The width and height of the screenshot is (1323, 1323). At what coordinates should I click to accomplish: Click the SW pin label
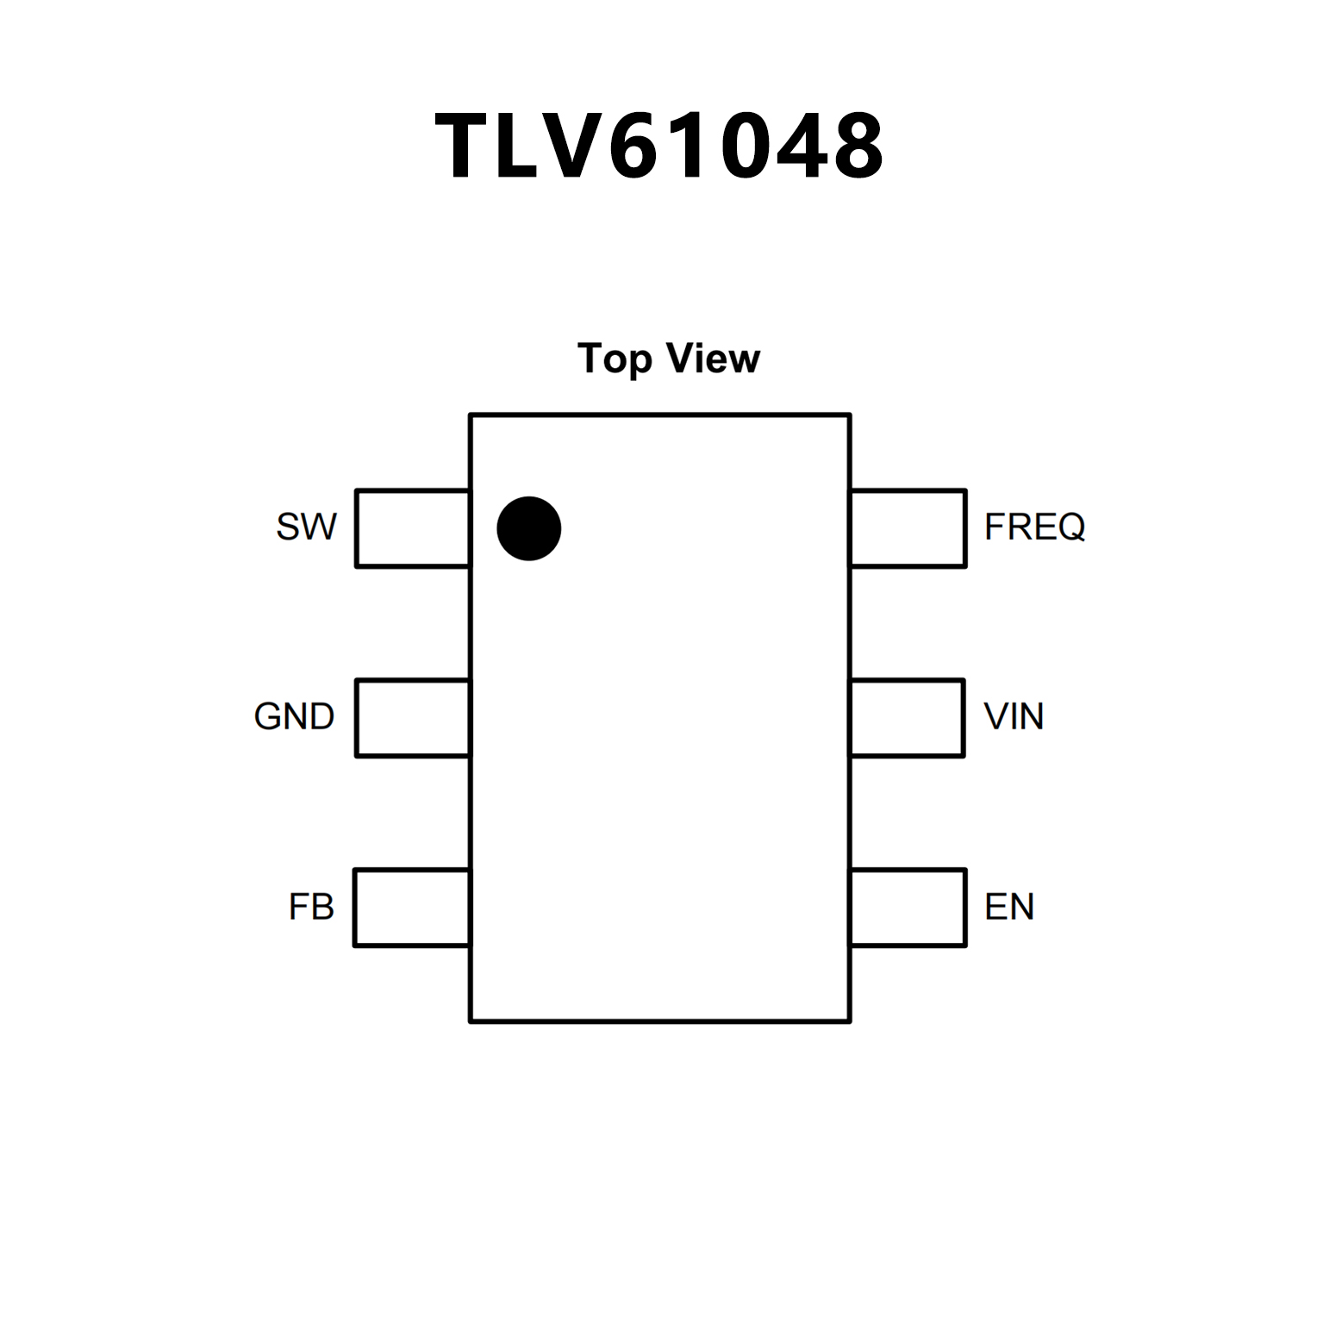[x=306, y=527]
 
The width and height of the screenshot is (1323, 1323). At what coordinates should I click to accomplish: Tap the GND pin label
[x=294, y=716]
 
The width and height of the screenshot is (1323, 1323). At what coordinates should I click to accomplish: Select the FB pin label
[x=311, y=907]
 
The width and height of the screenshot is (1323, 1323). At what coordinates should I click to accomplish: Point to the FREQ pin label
[x=1034, y=527]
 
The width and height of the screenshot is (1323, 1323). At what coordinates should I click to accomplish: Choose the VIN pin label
[x=1014, y=716]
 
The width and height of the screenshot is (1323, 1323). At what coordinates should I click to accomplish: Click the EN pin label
[x=1009, y=907]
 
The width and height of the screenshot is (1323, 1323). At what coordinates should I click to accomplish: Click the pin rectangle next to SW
[x=413, y=528]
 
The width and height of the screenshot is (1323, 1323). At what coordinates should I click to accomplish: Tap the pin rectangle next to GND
[x=413, y=718]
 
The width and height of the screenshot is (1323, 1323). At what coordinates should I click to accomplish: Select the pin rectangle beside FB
[x=412, y=908]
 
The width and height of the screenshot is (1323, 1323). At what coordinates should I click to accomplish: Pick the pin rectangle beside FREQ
[x=908, y=528]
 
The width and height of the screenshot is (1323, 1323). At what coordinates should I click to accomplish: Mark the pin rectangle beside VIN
[x=908, y=718]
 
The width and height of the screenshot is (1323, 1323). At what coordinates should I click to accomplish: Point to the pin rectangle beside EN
[x=908, y=908]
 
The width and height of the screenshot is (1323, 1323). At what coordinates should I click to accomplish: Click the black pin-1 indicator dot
[x=529, y=528]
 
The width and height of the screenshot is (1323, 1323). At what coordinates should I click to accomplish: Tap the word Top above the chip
[x=614, y=359]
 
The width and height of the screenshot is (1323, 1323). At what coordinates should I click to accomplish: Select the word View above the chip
[x=715, y=359]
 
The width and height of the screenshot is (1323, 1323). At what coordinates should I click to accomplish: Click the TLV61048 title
[x=660, y=147]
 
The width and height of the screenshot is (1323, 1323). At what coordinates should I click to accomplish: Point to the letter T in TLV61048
[x=465, y=147]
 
